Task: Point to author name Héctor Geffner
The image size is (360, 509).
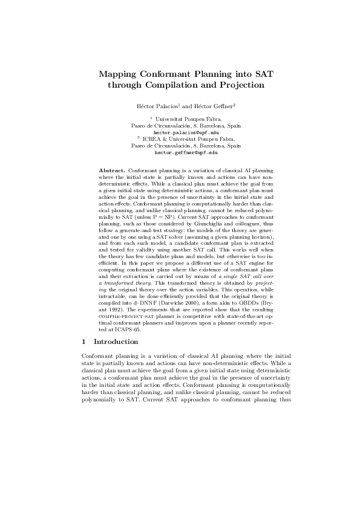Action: (200, 106)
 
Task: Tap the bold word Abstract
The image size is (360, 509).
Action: (112, 172)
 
